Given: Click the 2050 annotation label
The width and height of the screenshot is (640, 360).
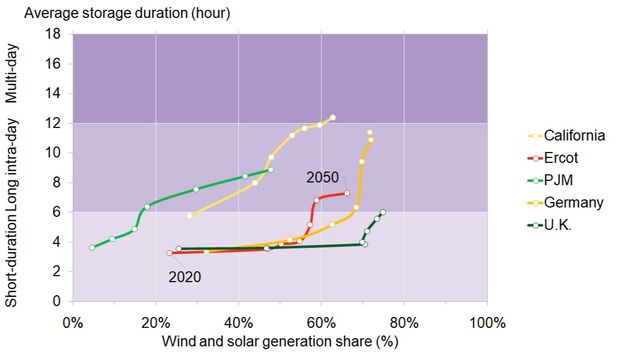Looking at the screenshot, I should [x=322, y=177].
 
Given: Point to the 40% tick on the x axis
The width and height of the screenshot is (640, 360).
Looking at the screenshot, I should [x=238, y=323].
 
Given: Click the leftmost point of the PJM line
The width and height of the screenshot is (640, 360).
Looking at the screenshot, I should [x=92, y=247].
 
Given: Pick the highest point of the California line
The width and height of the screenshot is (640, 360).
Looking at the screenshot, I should [x=332, y=117].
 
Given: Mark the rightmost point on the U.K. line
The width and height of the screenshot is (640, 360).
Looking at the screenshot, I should [x=383, y=212].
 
